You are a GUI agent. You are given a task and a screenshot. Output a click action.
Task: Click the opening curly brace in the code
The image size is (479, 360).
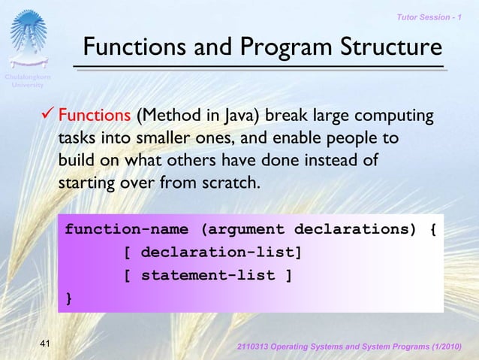click(x=432, y=228)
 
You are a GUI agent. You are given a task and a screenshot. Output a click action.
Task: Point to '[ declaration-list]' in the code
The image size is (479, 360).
click(x=213, y=252)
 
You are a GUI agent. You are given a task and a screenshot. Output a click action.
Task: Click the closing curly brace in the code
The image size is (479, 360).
click(x=69, y=298)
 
